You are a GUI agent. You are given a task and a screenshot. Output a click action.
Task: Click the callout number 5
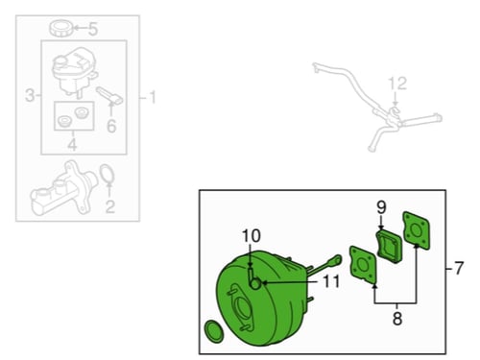[x=93, y=29]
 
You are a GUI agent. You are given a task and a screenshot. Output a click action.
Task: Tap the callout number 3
[x=30, y=95]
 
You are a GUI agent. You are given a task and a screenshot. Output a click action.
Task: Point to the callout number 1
[x=152, y=97]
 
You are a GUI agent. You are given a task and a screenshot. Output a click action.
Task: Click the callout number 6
[x=111, y=126]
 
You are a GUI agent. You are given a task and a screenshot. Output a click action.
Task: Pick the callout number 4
[x=72, y=145]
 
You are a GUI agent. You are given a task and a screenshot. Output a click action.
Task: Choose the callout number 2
[x=110, y=206]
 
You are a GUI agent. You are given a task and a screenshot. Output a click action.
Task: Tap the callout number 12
[x=397, y=84]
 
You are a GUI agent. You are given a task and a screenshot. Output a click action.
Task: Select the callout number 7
[x=459, y=268]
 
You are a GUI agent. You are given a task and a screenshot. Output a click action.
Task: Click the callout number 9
[x=381, y=207]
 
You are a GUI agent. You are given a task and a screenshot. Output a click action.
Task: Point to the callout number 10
[x=252, y=236]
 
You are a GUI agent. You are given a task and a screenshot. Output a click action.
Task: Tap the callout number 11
[x=331, y=282]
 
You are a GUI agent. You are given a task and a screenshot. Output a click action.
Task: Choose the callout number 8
[x=397, y=319]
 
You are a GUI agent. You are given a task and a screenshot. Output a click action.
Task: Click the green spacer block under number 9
[x=389, y=247]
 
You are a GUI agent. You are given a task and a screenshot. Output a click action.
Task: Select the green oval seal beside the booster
[x=214, y=331]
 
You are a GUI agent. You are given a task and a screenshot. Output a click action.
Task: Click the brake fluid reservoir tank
[x=74, y=70]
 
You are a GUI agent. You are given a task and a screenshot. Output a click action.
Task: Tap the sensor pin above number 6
[x=109, y=95]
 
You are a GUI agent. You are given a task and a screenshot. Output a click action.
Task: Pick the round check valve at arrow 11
[x=255, y=283]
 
